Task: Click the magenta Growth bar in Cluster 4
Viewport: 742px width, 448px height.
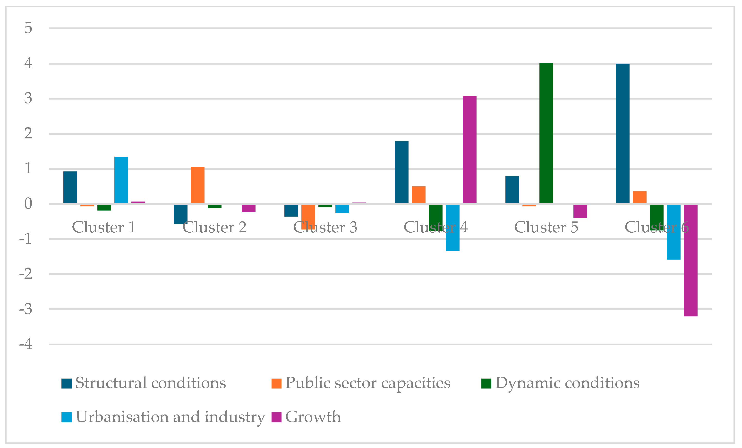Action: [469, 150]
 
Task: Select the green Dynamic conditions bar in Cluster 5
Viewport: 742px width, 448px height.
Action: [546, 133]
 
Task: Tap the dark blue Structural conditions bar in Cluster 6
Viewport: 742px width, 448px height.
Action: [623, 133]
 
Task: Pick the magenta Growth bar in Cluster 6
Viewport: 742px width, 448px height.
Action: [691, 261]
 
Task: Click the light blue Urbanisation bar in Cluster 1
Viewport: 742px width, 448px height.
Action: [121, 180]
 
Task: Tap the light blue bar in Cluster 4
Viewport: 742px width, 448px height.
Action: [453, 228]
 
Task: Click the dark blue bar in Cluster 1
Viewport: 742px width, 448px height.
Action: [70, 187]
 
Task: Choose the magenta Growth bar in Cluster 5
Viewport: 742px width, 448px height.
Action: [580, 211]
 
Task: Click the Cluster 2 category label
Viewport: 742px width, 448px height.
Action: [214, 227]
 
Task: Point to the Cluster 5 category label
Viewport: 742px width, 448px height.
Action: [546, 227]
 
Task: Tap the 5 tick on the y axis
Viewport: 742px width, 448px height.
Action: [28, 28]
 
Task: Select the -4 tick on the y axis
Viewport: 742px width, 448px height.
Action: [26, 344]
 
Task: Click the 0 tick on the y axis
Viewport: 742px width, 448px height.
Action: [28, 204]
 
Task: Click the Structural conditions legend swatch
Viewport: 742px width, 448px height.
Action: [66, 383]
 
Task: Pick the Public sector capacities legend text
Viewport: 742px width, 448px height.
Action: [367, 383]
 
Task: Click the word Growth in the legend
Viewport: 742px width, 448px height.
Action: [313, 417]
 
